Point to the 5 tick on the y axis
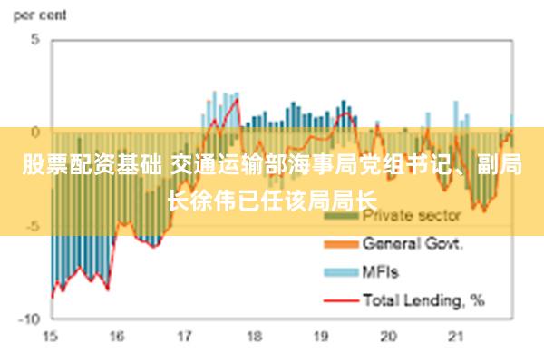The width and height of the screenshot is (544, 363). pos(35,40)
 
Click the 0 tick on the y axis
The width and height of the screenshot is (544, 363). pos(35,132)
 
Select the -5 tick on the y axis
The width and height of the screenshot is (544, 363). pos(33,226)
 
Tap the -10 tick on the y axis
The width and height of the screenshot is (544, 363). pos(30,319)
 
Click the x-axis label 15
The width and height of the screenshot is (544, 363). pos(50,337)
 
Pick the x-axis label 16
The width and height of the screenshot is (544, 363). pos(117,337)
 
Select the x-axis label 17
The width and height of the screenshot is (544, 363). pos(185,337)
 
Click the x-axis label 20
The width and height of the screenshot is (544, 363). pos(389,337)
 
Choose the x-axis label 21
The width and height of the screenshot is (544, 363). pos(457,337)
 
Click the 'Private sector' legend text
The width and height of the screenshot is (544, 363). pos(412,217)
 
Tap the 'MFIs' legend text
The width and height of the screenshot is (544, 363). pos(381,270)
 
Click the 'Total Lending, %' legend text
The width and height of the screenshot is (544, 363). pos(423,298)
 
